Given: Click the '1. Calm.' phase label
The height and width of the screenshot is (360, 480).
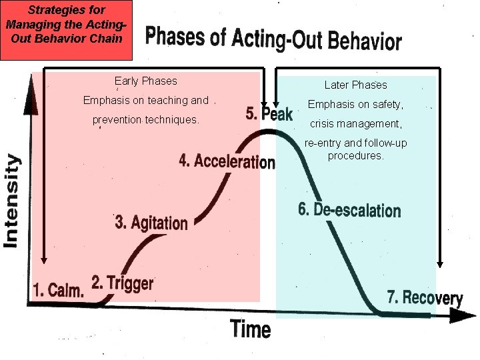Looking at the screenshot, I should [x=59, y=291].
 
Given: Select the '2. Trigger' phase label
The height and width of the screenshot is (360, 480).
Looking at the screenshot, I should [x=122, y=283].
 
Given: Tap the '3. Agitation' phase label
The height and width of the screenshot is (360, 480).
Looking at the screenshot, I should [x=151, y=222].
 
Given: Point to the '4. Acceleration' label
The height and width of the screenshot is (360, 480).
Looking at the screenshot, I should [x=227, y=162].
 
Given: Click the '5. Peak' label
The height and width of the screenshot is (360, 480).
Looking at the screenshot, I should [x=269, y=114].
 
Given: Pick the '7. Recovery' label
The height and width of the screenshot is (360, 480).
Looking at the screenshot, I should [x=425, y=297].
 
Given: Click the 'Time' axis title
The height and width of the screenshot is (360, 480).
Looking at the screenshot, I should [x=251, y=329].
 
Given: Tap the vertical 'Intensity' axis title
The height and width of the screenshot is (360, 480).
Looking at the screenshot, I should [x=12, y=201].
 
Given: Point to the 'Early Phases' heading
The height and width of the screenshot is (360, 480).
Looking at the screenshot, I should [x=145, y=81].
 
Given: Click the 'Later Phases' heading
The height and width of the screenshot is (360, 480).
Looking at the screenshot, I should [x=355, y=85].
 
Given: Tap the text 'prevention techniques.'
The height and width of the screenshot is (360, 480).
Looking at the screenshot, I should [x=145, y=121].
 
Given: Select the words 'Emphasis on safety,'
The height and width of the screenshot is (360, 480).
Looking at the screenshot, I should [x=355, y=105].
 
